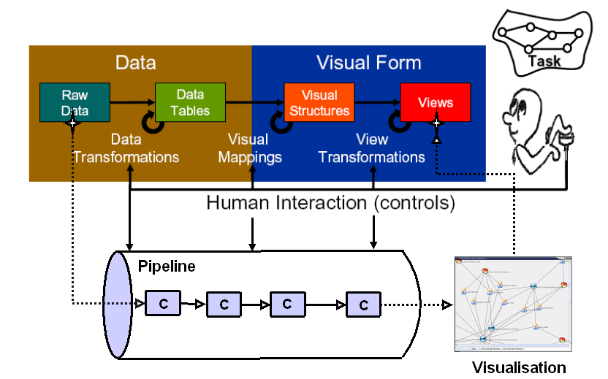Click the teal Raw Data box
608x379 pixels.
pos(75,102)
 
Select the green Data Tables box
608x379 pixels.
pos(190,102)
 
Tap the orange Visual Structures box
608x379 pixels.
pos(319,102)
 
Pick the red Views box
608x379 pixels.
pos(436,102)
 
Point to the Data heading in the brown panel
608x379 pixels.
pos(136,63)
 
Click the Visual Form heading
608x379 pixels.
pos(368,63)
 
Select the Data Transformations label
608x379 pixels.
pos(126,148)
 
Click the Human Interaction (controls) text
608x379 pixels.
pos(330,202)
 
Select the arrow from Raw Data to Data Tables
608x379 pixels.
pos(132,102)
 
